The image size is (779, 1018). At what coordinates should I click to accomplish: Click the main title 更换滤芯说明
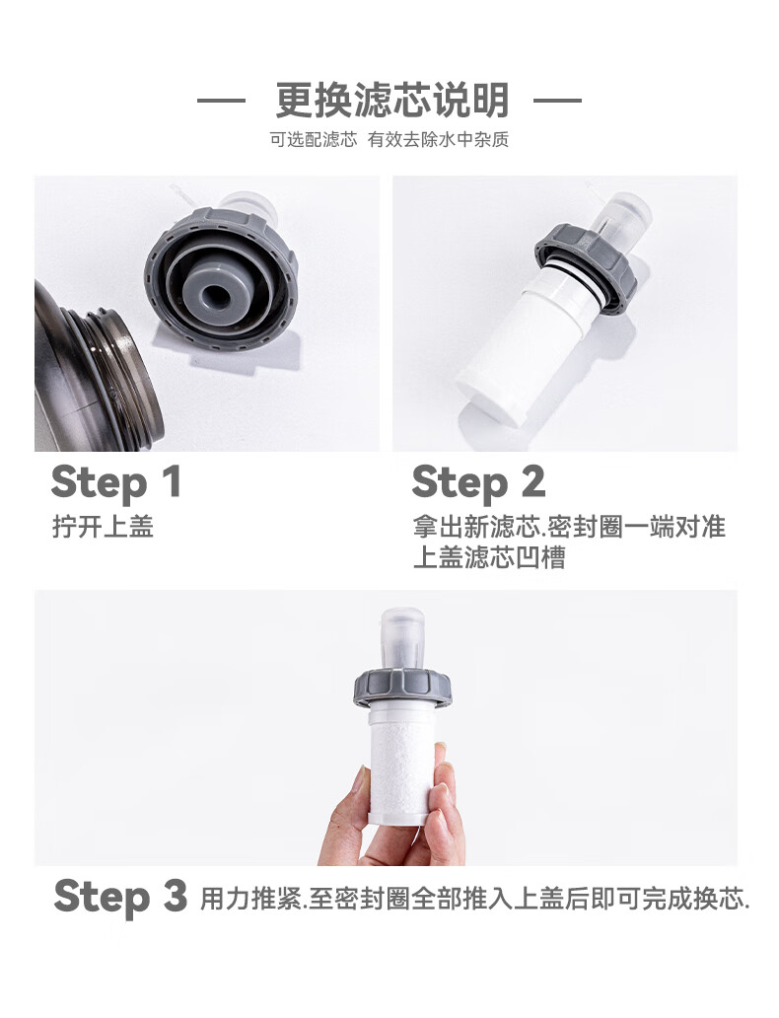(392, 100)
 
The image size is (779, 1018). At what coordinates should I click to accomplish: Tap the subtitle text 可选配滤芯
(314, 140)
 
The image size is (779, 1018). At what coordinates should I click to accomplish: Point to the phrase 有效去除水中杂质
(438, 140)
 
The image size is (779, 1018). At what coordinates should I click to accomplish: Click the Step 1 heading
(115, 483)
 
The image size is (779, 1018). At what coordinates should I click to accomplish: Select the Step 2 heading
(478, 483)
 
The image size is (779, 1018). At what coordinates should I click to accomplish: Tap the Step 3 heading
(120, 897)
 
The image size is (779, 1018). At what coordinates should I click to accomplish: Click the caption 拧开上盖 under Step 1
(103, 527)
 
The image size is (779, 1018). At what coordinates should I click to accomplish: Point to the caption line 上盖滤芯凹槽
(489, 557)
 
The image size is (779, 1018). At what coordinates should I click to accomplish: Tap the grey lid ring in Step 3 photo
(402, 689)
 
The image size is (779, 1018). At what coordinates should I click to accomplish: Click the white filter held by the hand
(401, 766)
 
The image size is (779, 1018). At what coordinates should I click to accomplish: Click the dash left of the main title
(221, 101)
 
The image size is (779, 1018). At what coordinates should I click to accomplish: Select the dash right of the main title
(558, 101)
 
